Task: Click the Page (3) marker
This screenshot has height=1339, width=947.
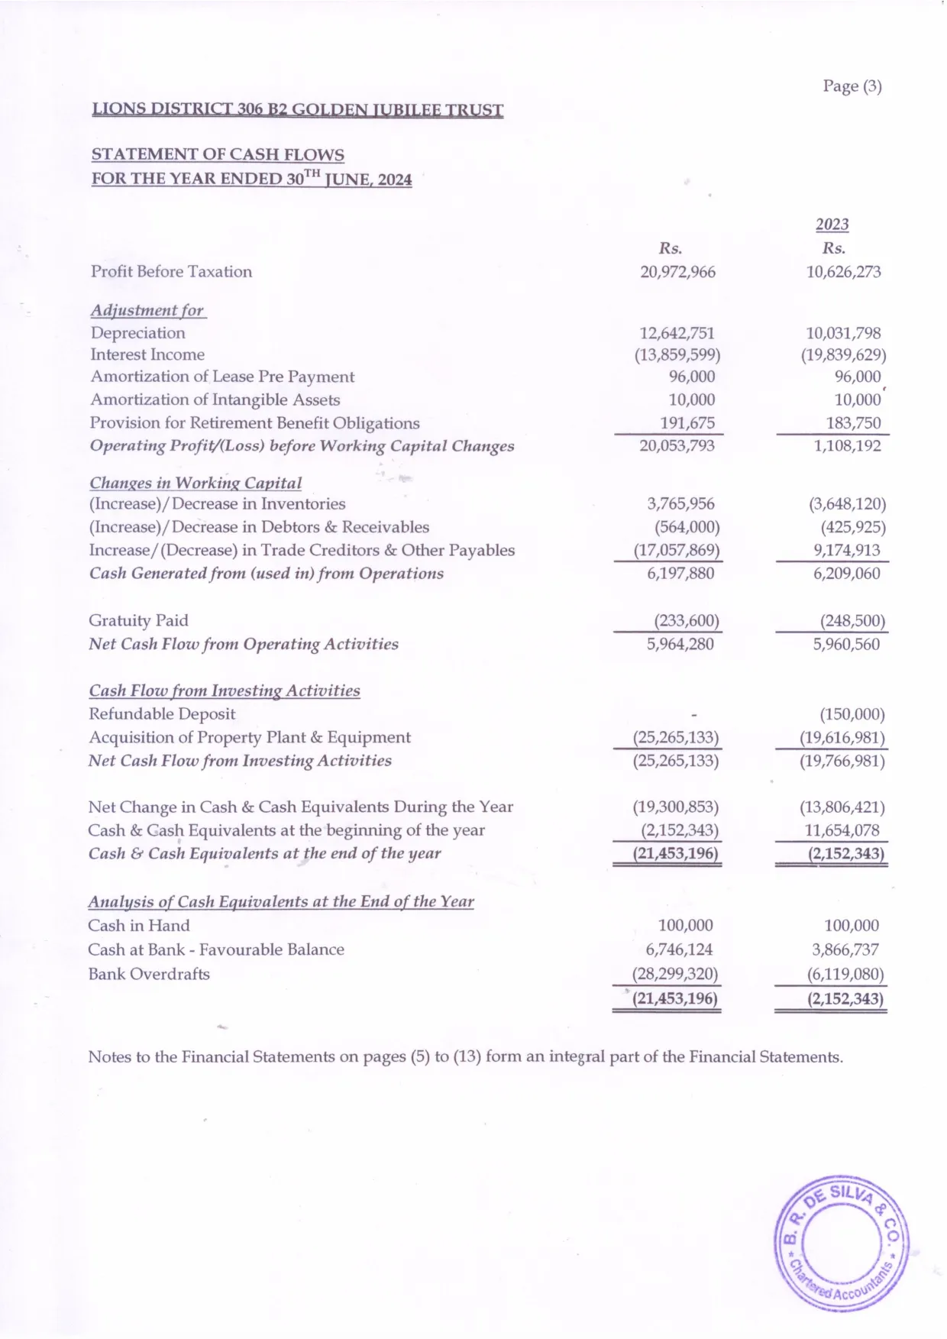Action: point(852,86)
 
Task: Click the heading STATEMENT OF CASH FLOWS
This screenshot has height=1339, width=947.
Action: point(218,154)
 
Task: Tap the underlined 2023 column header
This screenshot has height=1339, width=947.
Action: point(832,224)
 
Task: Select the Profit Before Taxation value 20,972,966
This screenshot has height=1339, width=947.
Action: point(677,272)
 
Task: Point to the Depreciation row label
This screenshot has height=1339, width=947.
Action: point(137,333)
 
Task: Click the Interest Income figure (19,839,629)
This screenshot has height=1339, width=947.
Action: point(843,355)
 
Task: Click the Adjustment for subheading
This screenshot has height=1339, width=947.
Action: point(147,310)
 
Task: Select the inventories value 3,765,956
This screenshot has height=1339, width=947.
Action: point(680,504)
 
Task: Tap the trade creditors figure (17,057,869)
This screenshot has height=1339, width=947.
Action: point(677,551)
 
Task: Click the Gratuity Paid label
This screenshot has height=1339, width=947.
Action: point(138,620)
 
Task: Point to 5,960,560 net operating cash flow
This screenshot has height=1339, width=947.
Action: point(845,644)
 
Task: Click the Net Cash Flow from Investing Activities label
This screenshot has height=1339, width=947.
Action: point(240,761)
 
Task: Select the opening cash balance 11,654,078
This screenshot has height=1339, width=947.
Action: point(842,830)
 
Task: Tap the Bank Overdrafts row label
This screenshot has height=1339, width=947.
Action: point(149,974)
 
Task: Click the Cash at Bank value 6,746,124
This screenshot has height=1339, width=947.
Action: point(679,949)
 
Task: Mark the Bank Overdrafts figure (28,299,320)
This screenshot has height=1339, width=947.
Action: point(675,974)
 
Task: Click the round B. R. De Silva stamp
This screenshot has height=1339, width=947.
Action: point(842,1245)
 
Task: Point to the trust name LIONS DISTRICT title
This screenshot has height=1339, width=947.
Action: point(297,109)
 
